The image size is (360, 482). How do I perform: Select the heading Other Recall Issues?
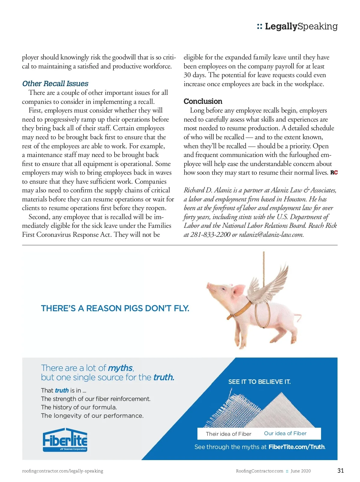coord(55,83)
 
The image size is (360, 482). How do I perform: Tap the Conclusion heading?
coord(203,101)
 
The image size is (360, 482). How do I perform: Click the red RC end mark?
coord(334,173)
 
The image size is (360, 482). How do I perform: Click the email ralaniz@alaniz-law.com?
coord(271,234)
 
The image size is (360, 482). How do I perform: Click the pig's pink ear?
coord(239,290)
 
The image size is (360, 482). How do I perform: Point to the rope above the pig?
coord(264,264)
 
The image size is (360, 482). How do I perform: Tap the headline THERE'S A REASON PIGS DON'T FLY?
coord(115,308)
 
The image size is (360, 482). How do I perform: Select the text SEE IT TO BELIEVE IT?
coord(259,382)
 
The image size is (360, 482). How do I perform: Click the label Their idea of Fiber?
coord(228,434)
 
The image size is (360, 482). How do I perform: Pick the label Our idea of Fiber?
coord(285,433)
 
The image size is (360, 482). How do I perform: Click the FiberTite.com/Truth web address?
coord(297,447)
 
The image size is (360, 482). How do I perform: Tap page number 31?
coord(340,470)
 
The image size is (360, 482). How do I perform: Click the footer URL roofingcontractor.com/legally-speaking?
coord(62,471)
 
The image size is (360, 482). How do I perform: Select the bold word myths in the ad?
coord(120,368)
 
